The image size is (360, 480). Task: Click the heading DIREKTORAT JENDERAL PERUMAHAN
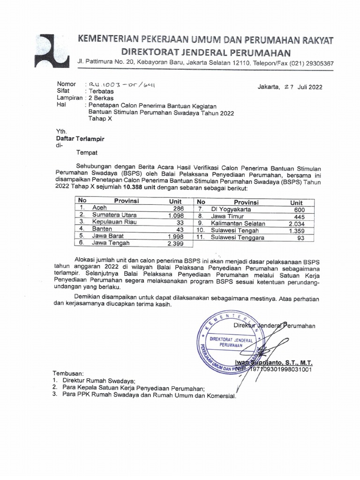(206, 52)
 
